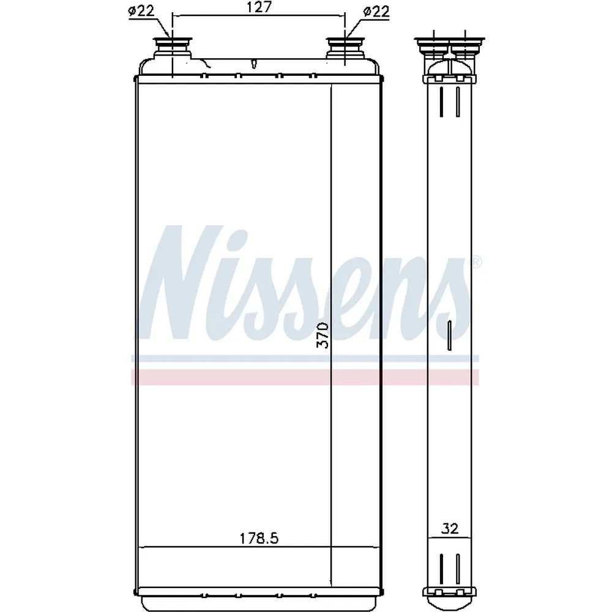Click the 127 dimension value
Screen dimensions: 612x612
click(259, 8)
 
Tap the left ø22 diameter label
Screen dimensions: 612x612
click(141, 11)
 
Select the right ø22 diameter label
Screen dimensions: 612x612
click(376, 11)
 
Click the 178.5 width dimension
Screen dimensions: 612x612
click(259, 539)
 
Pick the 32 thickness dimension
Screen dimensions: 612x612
click(450, 529)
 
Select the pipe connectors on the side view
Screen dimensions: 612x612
click(449, 48)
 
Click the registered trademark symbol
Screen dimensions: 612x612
click(477, 262)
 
